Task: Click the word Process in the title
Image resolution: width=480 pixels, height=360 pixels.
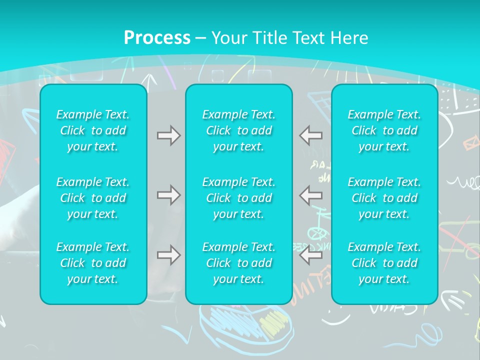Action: (x=157, y=38)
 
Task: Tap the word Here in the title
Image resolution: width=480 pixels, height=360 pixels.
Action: (x=350, y=38)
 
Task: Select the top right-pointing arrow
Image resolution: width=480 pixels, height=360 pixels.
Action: (x=168, y=135)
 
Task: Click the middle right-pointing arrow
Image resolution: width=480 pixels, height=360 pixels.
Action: (x=168, y=194)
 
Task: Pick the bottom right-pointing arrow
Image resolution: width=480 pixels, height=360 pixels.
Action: (x=168, y=255)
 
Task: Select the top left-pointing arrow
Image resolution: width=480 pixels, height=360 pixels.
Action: (x=311, y=135)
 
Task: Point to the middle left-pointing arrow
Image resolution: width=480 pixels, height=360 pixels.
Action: (x=311, y=194)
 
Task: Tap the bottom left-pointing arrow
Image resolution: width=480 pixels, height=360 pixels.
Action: (x=311, y=255)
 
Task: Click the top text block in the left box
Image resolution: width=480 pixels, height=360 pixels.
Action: (x=93, y=130)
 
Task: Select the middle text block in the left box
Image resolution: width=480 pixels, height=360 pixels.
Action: (x=93, y=198)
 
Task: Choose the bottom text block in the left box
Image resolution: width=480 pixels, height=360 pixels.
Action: (x=93, y=263)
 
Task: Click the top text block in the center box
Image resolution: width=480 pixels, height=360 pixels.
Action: (x=238, y=130)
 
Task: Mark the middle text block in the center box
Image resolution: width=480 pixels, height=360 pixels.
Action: (x=238, y=198)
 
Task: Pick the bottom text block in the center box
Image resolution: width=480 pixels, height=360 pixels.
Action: (x=238, y=263)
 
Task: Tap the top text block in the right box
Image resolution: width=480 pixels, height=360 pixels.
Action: (x=384, y=130)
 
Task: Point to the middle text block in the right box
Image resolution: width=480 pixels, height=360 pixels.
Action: (x=384, y=198)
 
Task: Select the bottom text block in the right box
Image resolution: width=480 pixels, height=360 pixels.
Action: (x=384, y=263)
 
